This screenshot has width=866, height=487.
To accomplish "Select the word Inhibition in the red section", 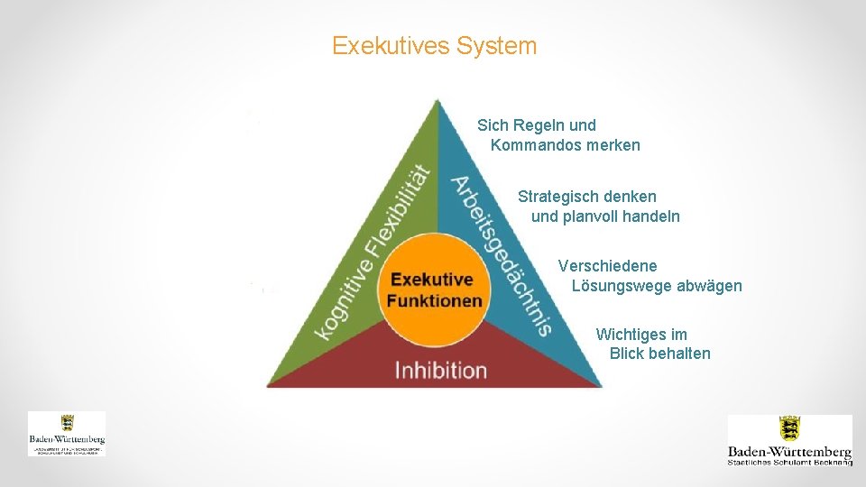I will pos(440,370).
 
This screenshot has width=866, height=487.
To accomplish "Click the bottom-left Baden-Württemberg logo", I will pos(67,434).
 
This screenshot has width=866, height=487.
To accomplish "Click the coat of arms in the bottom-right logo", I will pos(790,428).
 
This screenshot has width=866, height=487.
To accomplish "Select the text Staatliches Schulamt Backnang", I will pos(790,462).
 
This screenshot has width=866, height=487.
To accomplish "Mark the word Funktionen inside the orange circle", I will pos(435,300).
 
